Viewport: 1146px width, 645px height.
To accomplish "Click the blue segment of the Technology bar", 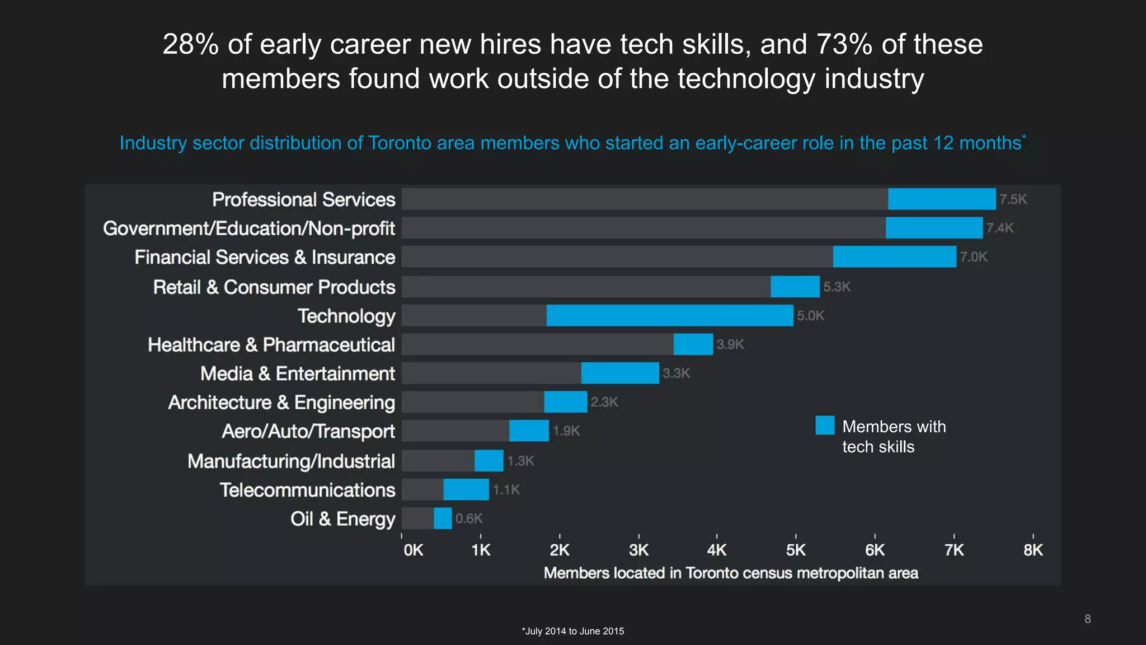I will pos(669,315).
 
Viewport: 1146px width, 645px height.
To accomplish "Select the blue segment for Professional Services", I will pos(941,199).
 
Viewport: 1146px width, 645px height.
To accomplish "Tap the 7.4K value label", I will pos(999,228).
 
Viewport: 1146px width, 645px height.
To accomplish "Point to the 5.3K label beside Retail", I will pos(837,287).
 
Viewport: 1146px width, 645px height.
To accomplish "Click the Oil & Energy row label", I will pos(342,519).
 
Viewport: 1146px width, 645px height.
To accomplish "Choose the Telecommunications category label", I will pos(307,490).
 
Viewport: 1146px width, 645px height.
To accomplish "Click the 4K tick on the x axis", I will pos(716,550).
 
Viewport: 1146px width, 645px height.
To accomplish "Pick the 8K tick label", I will pos(1033,550).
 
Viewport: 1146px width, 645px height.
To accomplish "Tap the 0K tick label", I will pos(414,550).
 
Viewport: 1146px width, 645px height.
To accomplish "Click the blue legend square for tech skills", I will pos(825,426).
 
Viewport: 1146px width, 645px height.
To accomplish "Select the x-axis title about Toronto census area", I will pos(731,573).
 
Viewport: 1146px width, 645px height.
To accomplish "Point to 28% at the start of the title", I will pos(190,44).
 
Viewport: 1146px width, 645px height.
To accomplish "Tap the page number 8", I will pos(1087,619).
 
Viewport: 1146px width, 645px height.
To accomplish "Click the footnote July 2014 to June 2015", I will pos(573,631).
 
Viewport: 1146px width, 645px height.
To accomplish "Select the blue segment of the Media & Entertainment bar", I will pos(620,373).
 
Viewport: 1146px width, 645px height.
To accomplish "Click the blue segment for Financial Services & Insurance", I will pos(894,256).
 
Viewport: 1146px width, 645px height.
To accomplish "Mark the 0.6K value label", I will pos(468,518).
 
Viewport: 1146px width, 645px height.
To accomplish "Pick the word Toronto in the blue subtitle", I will pos(400,143).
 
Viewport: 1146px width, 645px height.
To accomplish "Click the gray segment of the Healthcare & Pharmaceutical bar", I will pos(537,344).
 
